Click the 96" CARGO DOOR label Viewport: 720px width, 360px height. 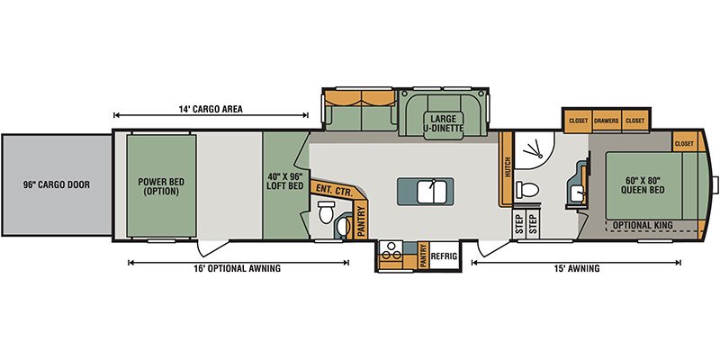click(57, 185)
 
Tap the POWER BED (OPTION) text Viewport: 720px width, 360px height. click(161, 186)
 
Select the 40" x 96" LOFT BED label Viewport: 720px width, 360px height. click(284, 181)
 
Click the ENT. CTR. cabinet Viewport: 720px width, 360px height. click(337, 190)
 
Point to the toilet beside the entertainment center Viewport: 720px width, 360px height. click(325, 211)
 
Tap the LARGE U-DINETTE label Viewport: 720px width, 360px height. click(443, 123)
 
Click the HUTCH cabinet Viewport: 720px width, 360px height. click(506, 169)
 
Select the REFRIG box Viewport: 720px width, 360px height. click(444, 256)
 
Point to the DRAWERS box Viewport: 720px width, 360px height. click(606, 121)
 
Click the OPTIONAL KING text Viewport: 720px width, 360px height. click(643, 225)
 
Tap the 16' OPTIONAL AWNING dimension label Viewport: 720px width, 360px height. click(237, 268)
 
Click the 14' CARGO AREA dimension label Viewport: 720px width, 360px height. click(211, 109)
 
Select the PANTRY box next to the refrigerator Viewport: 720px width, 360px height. click(423, 256)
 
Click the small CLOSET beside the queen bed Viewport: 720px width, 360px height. click(684, 144)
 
